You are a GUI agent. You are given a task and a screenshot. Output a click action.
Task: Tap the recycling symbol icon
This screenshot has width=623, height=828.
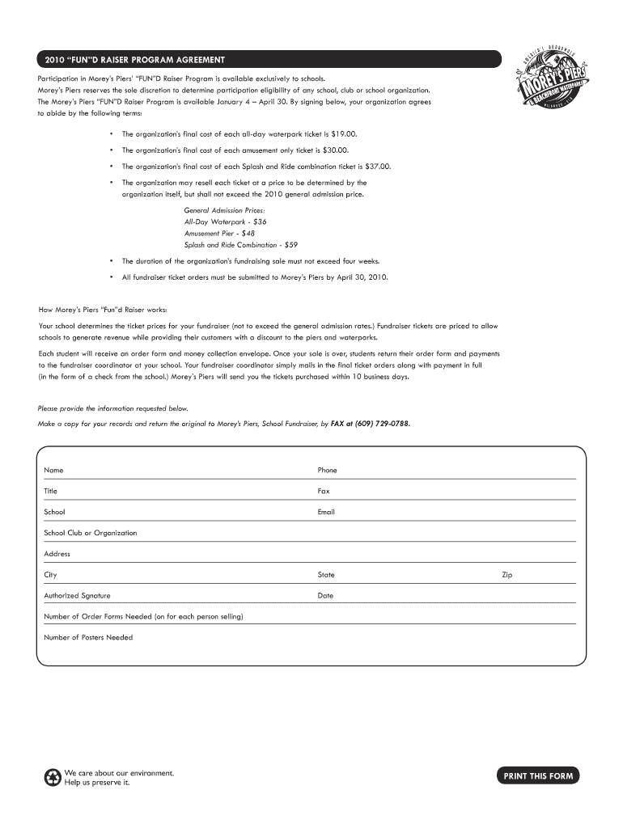pyautogui.click(x=53, y=778)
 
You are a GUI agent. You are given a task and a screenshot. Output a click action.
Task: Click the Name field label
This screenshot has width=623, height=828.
pyautogui.click(x=53, y=470)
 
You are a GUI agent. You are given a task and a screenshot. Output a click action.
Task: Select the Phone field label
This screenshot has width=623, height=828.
pyautogui.click(x=327, y=470)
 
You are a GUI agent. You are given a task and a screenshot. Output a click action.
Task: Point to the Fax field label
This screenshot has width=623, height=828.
pyautogui.click(x=324, y=491)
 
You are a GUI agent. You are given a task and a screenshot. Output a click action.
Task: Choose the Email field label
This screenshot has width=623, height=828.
pyautogui.click(x=326, y=512)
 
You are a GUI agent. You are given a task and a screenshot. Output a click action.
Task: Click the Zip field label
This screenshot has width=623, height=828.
pyautogui.click(x=507, y=575)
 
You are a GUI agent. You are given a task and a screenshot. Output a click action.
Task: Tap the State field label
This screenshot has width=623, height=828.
pyautogui.click(x=326, y=575)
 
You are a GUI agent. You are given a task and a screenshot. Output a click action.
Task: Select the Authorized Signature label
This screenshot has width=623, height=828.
pyautogui.click(x=77, y=596)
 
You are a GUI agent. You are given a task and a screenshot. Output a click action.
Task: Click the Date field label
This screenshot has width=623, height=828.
pyautogui.click(x=325, y=596)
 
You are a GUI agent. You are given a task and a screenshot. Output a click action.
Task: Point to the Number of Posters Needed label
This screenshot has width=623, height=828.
pyautogui.click(x=88, y=637)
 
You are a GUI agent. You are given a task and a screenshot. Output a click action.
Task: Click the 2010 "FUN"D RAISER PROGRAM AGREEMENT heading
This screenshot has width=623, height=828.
pyautogui.click(x=135, y=61)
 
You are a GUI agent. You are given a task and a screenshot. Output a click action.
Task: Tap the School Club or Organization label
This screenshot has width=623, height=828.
pyautogui.click(x=90, y=533)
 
